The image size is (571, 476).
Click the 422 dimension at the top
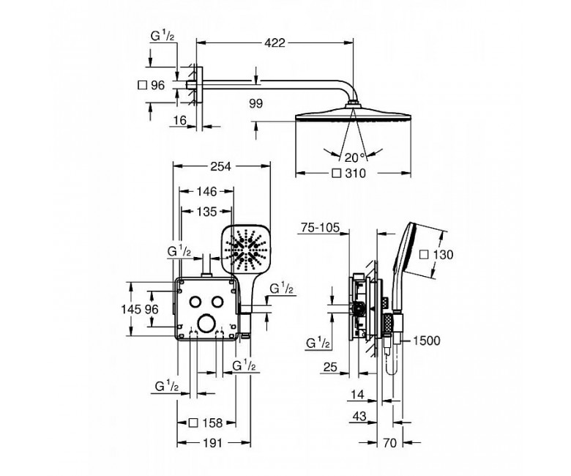pos(275,43)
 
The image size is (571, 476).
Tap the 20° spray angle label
pos(354,157)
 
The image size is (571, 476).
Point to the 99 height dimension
pos(256,104)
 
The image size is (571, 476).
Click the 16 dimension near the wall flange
pos(180,120)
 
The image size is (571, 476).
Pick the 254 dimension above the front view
pos(220,166)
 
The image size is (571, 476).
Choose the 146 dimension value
pos(206,191)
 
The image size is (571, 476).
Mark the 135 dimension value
pos(206,212)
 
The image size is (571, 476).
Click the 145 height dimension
pos(131,309)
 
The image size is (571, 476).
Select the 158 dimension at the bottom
pos(206,423)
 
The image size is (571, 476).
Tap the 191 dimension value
pos(212,443)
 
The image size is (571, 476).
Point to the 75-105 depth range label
pos(320,228)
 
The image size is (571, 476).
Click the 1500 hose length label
pos(427,341)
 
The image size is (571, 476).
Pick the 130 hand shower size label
pos(436,255)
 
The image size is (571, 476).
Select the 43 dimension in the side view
pos(359,416)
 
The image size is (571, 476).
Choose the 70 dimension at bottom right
pos(389,443)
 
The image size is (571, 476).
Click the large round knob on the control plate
pos(206,324)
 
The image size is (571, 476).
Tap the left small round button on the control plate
pos(195,302)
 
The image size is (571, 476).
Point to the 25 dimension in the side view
pos(330,367)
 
